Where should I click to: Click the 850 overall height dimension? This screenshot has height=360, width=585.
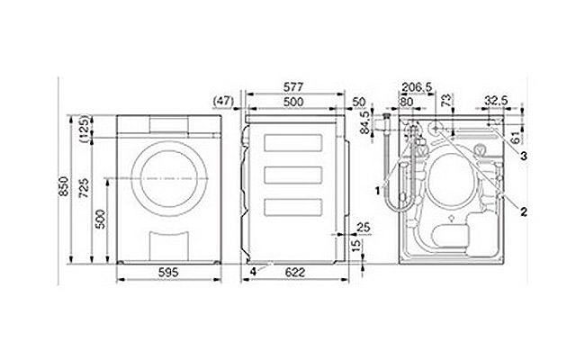tap(63, 186)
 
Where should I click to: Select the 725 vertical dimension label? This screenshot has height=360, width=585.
tap(85, 187)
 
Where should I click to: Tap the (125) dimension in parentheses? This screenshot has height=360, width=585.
tap(85, 129)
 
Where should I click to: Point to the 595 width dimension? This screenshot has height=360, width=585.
tap(168, 273)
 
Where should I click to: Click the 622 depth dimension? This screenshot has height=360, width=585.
tap(295, 273)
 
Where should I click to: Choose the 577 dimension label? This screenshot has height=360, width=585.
tap(293, 87)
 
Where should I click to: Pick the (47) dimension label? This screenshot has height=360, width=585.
tap(223, 101)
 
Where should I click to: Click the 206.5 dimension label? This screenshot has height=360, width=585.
tap(417, 87)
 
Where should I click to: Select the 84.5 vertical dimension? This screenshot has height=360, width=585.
tap(365, 122)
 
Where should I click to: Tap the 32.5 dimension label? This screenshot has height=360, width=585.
tap(496, 101)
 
